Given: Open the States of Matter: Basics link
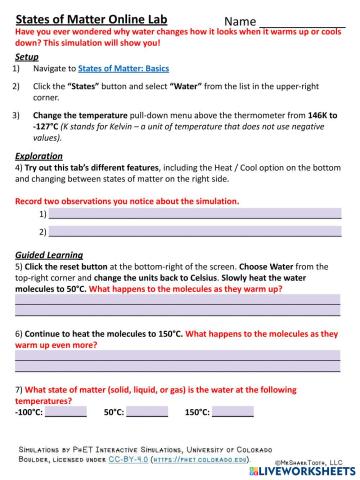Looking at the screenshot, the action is pos(130,67).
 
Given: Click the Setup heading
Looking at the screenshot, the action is pos(28,57).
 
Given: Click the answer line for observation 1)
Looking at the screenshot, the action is pos(195,214).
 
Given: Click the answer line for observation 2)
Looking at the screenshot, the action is pos(195,232).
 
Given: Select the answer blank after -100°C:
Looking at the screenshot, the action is pos(66,411).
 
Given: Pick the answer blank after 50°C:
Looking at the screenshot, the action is pos(147,411).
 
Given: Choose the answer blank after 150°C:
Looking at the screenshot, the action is pos(233,411).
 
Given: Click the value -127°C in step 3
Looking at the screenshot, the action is pos(46,127).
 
